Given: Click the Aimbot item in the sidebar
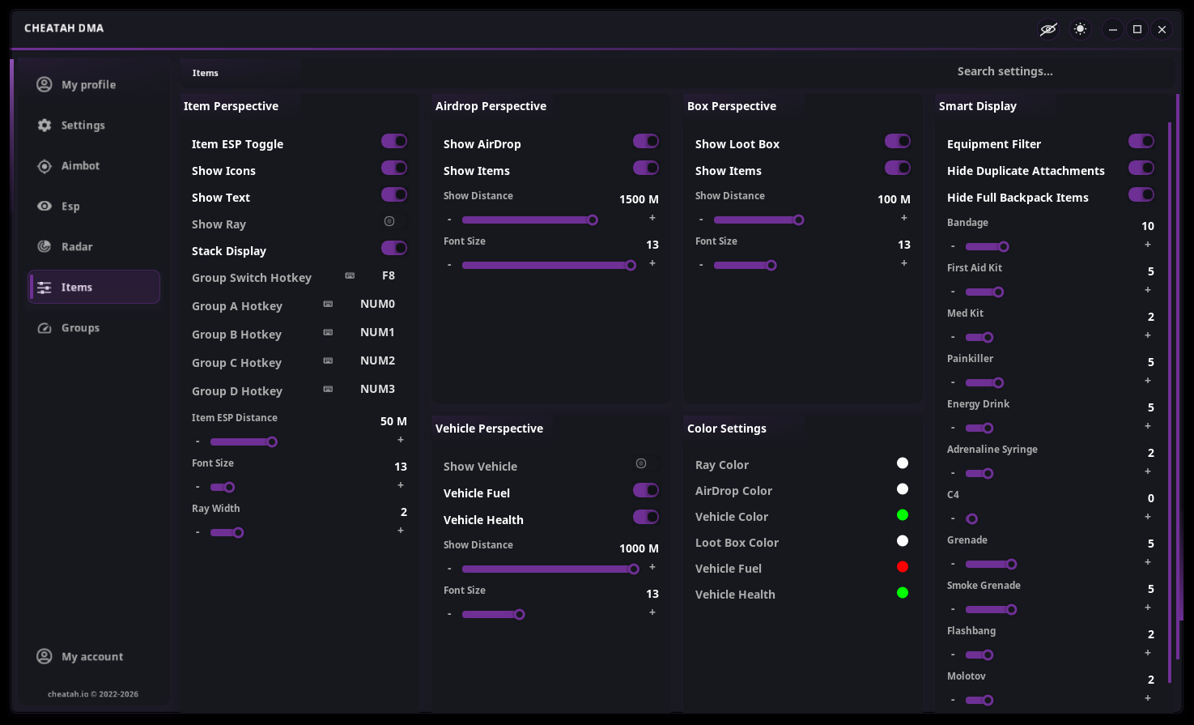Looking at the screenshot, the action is click(x=80, y=166).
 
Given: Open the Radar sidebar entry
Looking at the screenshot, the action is click(x=77, y=247).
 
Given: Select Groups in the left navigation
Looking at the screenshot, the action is click(x=80, y=328).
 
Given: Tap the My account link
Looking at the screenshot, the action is click(x=91, y=657).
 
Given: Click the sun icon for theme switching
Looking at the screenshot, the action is click(x=1081, y=29).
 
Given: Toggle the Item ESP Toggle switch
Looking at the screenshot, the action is click(x=394, y=142).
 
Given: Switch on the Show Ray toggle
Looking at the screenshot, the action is click(x=394, y=221).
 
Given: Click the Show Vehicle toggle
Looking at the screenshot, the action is click(x=645, y=463).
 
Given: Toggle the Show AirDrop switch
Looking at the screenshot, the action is click(x=645, y=142).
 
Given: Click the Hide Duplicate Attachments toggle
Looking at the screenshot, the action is click(x=1141, y=168).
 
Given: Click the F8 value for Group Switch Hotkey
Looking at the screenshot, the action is click(x=389, y=275).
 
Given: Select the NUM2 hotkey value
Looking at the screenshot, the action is click(x=377, y=360).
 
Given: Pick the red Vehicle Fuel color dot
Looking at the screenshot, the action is click(x=903, y=567).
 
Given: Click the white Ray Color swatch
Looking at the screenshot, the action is click(x=903, y=463).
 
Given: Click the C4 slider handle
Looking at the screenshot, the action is click(x=971, y=518).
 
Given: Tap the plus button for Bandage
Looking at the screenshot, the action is click(x=1148, y=245).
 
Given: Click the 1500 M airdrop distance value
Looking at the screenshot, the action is click(x=639, y=199).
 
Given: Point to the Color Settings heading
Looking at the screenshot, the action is click(x=727, y=429).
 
